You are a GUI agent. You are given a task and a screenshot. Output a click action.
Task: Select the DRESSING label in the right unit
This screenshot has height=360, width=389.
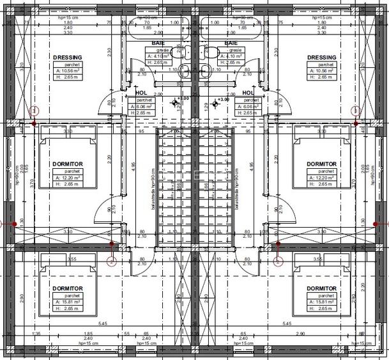point(321,57)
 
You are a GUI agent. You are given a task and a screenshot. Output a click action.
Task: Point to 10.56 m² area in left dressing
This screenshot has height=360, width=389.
point(70,70)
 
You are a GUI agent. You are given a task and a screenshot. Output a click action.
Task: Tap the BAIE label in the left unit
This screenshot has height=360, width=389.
point(159,42)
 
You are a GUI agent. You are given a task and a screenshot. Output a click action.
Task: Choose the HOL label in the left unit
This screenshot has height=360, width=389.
point(141,93)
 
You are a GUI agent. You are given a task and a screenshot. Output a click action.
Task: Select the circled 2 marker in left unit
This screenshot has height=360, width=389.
point(111,260)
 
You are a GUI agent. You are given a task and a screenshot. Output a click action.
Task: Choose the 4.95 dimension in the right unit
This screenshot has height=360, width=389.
point(252,164)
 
